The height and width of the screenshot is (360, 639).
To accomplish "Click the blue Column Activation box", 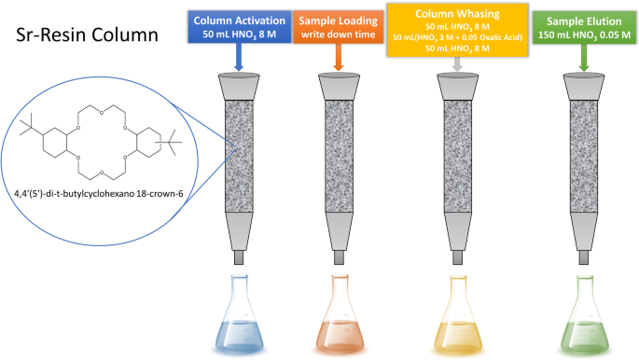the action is [x=239, y=27].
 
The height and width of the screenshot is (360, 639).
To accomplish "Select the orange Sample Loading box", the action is [x=339, y=27].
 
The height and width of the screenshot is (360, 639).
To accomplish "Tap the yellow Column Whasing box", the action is [x=457, y=31].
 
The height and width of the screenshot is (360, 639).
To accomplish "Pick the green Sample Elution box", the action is [x=584, y=28].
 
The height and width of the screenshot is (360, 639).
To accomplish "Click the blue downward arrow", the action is [x=239, y=57].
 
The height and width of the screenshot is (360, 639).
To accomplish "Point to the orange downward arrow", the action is [x=339, y=57].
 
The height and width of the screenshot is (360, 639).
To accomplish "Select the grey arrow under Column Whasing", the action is [x=457, y=64].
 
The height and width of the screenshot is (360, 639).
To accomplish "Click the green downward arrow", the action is [x=584, y=58].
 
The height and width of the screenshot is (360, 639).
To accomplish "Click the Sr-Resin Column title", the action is [x=87, y=35].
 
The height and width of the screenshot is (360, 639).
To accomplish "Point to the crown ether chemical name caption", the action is [x=99, y=194].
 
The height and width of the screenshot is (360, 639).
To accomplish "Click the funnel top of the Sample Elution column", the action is [x=584, y=87].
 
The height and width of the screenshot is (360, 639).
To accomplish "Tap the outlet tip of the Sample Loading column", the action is [x=339, y=257].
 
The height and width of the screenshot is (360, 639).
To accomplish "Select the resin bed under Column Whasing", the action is [x=458, y=157].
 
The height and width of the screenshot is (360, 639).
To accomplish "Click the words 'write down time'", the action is [x=339, y=35].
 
